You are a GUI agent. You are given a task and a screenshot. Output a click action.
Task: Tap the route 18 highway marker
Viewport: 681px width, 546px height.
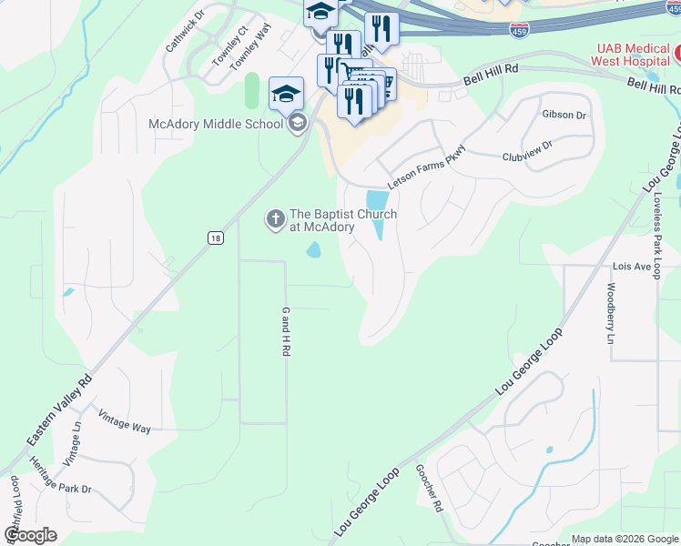tap(214, 238)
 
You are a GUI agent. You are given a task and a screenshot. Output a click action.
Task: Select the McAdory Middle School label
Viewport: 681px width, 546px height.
tap(217, 125)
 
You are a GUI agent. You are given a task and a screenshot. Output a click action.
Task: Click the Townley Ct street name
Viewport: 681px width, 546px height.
tap(229, 44)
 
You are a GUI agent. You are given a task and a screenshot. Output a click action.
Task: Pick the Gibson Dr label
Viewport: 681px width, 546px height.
tap(564, 115)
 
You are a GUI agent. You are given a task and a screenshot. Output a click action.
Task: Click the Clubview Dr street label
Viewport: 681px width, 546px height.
tap(527, 151)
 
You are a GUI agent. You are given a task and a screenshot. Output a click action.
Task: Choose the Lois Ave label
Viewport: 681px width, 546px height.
tap(632, 267)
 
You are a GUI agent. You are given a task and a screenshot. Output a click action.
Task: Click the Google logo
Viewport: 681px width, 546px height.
tap(29, 534)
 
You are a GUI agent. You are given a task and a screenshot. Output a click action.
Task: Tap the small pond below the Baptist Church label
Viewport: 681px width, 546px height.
tap(313, 249)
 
